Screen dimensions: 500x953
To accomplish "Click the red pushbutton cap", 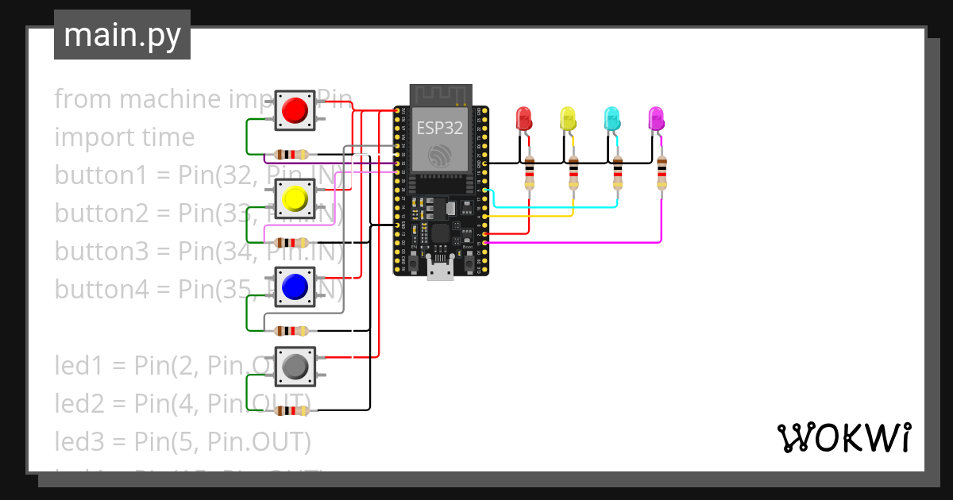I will [x=295, y=110].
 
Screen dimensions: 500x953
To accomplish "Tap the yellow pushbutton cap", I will [x=295, y=198].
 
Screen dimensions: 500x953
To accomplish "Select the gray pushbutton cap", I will [x=295, y=366].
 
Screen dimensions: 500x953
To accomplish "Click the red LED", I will [x=524, y=119].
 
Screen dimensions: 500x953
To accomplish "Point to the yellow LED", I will [x=568, y=119].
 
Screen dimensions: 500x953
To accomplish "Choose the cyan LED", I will [x=612, y=119].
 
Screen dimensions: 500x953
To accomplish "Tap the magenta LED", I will [x=656, y=119].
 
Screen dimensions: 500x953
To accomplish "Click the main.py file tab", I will [x=122, y=35].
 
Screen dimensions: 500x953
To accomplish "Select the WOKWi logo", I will [x=843, y=437].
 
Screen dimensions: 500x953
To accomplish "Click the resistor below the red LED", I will [x=530, y=172].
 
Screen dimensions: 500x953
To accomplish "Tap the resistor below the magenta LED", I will [x=662, y=172].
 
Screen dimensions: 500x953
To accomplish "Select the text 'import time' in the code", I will [x=124, y=137].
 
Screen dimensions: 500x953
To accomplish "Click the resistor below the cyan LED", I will [x=618, y=172].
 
